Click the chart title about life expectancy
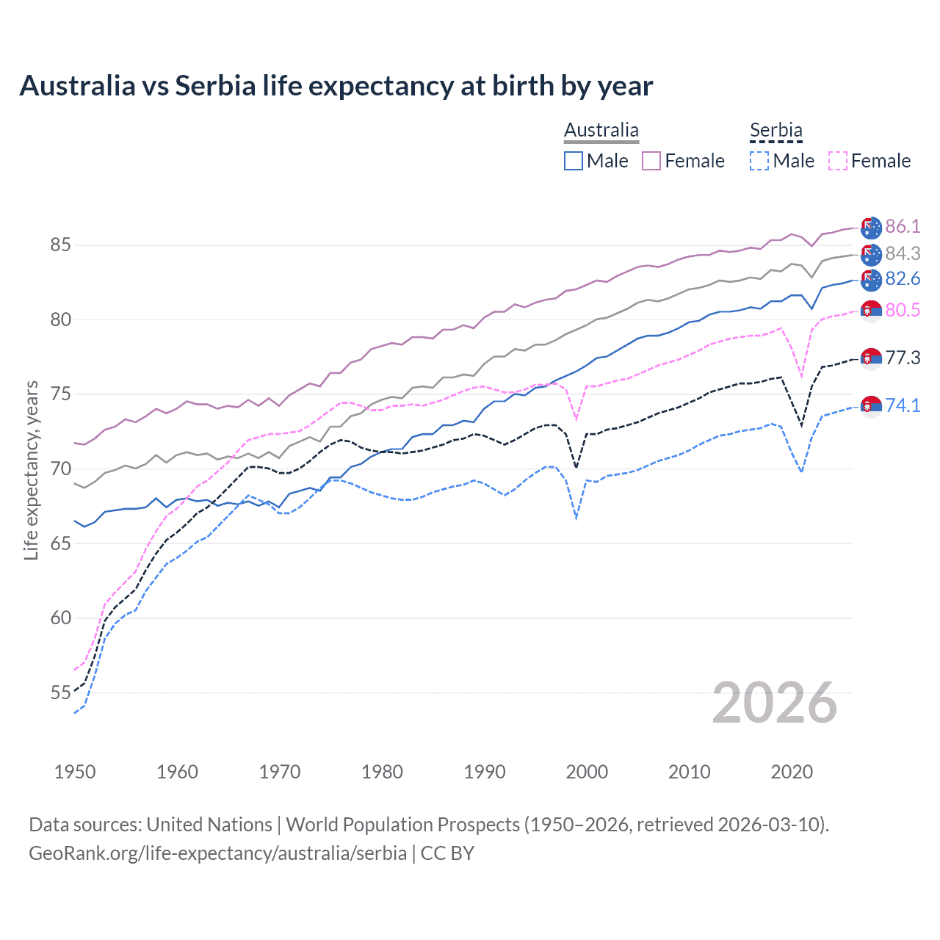[336, 86]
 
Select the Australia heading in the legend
[601, 130]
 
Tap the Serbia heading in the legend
[775, 130]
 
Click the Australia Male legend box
[574, 161]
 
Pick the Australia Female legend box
[651, 161]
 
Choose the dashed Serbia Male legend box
[759, 161]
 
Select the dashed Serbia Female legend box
[838, 161]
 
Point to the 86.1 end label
[903, 226]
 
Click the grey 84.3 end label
[903, 253]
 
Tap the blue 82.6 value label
[903, 278]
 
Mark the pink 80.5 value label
[903, 310]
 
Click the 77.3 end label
[903, 358]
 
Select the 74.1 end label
[903, 405]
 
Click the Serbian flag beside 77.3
[871, 358]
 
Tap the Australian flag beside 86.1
[871, 228]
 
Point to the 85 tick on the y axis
[60, 245]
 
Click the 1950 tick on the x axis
[75, 772]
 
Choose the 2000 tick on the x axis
[587, 772]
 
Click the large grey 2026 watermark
[774, 703]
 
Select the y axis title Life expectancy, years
[31, 470]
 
